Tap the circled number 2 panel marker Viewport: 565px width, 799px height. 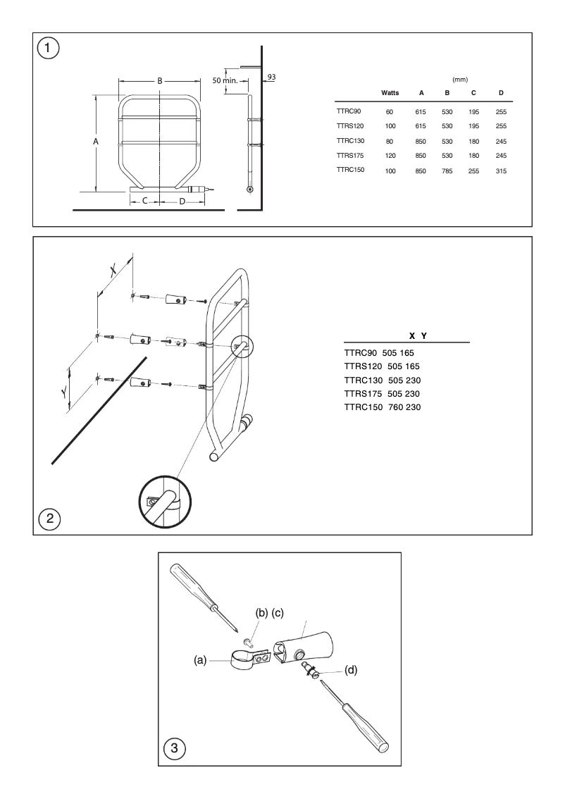tap(49, 519)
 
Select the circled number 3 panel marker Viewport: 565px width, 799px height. tap(174, 748)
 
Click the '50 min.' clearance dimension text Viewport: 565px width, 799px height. tap(225, 81)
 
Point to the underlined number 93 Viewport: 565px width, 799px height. tap(271, 76)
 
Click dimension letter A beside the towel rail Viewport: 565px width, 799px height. tap(96, 142)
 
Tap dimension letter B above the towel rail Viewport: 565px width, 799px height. tap(160, 81)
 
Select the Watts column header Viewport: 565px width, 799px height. tap(390, 93)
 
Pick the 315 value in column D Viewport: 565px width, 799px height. tap(501, 171)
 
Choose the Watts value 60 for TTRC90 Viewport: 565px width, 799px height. tap(390, 111)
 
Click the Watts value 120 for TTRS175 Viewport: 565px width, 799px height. tap(390, 156)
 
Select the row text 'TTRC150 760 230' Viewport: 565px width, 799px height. tap(382, 407)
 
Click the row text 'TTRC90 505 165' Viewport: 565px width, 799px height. tap(381, 352)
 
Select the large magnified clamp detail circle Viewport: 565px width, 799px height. tap(163, 501)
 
